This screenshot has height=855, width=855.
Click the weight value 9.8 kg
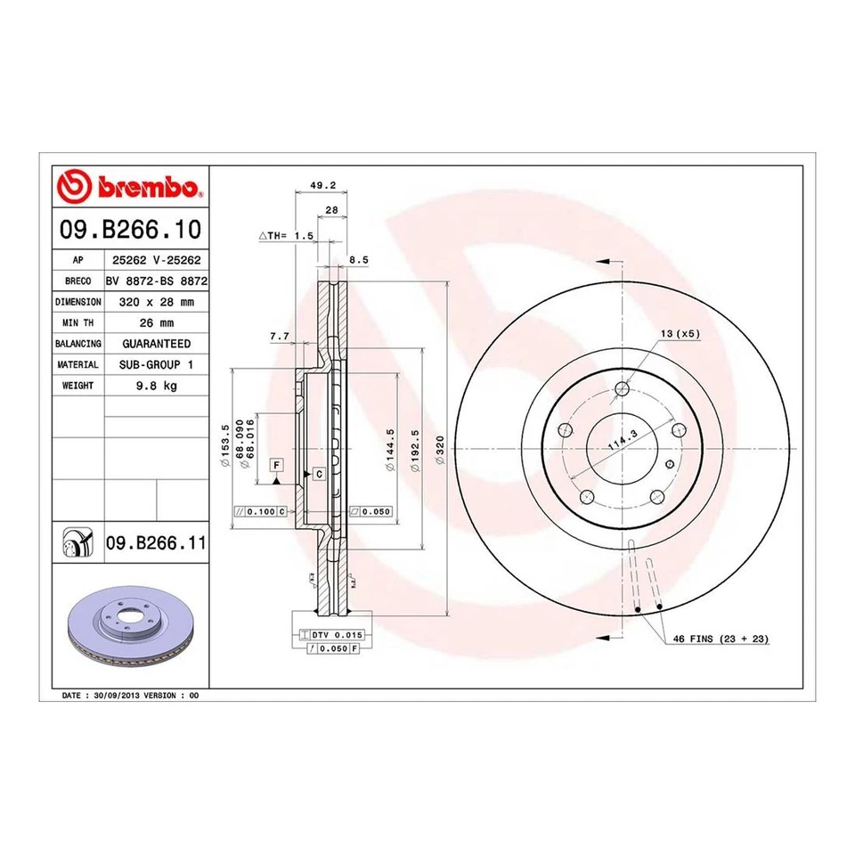(156, 387)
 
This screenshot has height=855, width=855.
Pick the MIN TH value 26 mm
(156, 322)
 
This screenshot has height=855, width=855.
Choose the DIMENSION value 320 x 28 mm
(156, 302)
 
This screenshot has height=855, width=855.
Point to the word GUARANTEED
(156, 344)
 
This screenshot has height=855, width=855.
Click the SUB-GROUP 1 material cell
(156, 365)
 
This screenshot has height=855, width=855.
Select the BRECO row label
(78, 281)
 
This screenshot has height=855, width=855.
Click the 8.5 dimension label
(358, 259)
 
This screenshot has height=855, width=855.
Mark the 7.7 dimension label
(280, 336)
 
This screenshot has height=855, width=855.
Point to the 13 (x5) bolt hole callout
(680, 333)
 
